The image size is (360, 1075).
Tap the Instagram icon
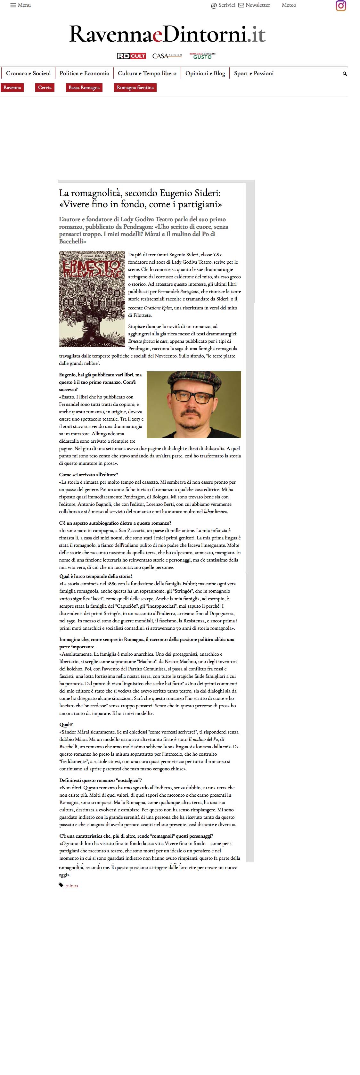[341, 6]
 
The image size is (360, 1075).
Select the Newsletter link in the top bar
[254, 5]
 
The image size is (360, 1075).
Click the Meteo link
[289, 5]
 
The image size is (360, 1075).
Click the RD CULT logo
[131, 56]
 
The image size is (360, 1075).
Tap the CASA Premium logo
[167, 56]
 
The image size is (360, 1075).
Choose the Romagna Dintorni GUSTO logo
[202, 56]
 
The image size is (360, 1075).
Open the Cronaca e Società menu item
[29, 73]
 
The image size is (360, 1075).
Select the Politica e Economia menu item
[84, 73]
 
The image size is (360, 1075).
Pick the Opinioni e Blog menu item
[205, 73]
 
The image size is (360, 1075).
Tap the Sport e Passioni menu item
[254, 73]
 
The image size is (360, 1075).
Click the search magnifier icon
[345, 74]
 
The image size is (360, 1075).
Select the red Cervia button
[45, 88]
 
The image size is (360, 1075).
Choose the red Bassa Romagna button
[84, 88]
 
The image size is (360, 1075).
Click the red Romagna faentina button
[135, 88]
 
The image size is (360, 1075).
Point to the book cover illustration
[92, 299]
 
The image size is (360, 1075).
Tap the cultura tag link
[72, 886]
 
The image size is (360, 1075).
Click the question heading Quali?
[66, 725]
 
